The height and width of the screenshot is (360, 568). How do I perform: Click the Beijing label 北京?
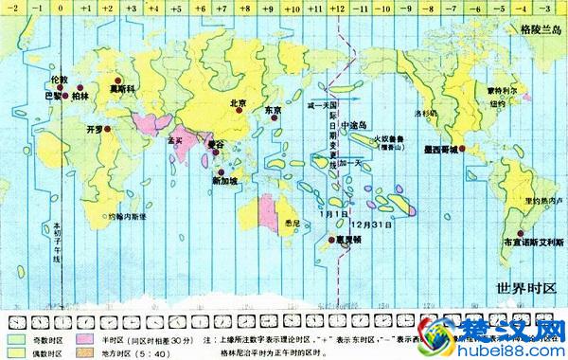tap(238, 102)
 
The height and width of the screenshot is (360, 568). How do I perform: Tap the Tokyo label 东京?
tap(274, 111)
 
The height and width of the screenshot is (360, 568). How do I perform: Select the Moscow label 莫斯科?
tap(117, 88)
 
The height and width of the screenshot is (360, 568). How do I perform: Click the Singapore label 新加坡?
tap(226, 180)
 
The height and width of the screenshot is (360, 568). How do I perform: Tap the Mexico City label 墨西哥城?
tap(442, 149)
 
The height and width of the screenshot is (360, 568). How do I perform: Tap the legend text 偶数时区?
tap(47, 351)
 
